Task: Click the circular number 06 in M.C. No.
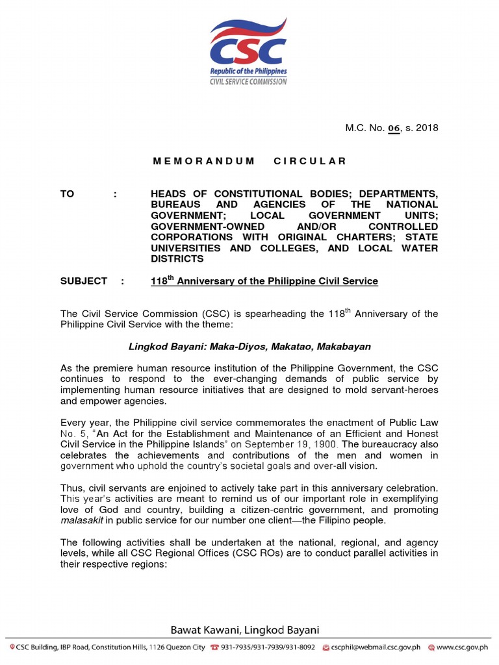tap(394, 128)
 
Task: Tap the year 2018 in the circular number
tap(426, 128)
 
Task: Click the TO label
tap(68, 194)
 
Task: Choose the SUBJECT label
tap(84, 281)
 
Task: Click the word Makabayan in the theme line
tap(342, 347)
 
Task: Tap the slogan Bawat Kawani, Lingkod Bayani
tap(245, 630)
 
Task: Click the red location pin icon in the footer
tap(12, 647)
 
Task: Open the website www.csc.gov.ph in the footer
tap(463, 647)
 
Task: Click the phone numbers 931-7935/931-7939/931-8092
tap(268, 647)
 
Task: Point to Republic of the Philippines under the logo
tap(248, 71)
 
